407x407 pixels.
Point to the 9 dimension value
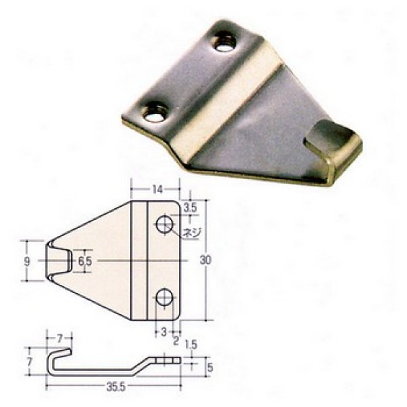click(27, 260)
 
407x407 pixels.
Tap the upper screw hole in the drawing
click(165, 223)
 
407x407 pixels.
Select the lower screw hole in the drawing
click(165, 296)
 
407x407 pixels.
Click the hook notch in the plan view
click(60, 260)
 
